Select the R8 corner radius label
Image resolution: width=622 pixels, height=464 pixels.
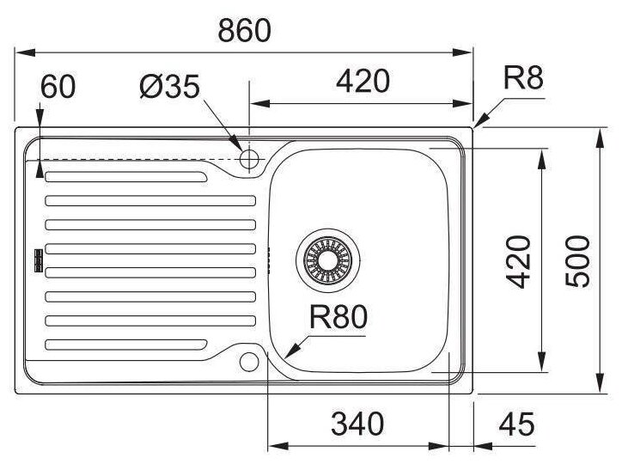pyautogui.click(x=523, y=79)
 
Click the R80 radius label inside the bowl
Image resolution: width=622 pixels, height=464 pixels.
pyautogui.click(x=338, y=319)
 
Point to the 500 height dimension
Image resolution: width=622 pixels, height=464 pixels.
pyautogui.click(x=581, y=260)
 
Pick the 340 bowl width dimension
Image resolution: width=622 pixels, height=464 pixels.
pyautogui.click(x=357, y=424)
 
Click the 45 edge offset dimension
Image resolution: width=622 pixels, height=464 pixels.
pyautogui.click(x=515, y=424)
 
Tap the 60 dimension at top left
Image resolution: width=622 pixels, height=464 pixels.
pyautogui.click(x=58, y=86)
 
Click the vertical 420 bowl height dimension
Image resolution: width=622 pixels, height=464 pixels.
pyautogui.click(x=519, y=260)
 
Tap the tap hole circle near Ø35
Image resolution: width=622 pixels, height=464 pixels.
pyautogui.click(x=250, y=159)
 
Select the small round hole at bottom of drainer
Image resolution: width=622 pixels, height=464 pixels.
pyautogui.click(x=250, y=361)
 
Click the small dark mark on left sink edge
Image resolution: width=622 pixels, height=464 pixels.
pyautogui.click(x=36, y=260)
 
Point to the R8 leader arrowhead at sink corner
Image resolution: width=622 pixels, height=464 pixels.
pyautogui.click(x=478, y=123)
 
